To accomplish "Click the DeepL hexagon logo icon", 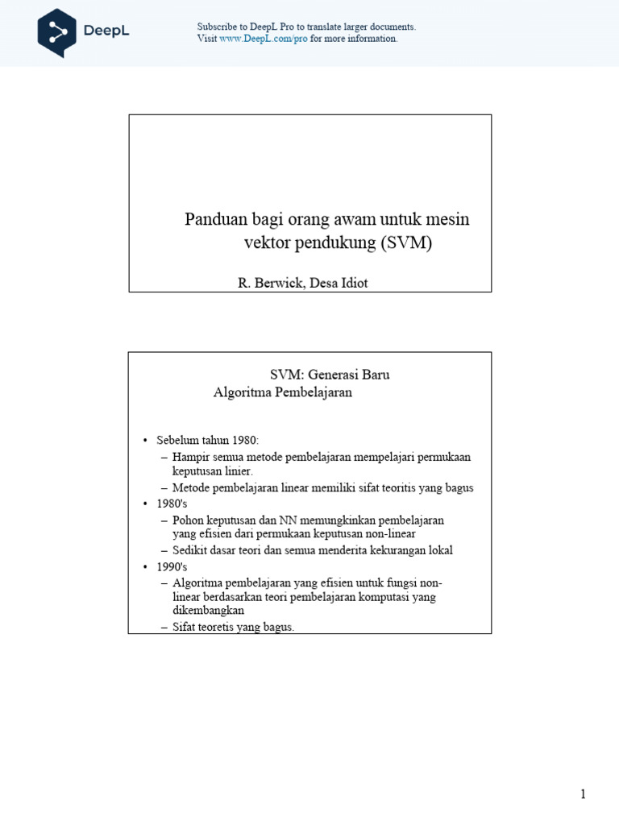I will coord(57,32).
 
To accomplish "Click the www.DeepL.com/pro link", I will coord(264,39).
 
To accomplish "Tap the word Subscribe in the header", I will coord(218,27).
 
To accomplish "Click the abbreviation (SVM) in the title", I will coord(405,243).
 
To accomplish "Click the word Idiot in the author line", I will coord(353,283).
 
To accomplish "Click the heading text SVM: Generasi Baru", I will coord(329,375).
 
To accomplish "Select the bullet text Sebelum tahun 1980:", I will coord(207,441).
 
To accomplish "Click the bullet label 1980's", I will coord(172,504).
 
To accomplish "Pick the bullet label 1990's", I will coord(172,566).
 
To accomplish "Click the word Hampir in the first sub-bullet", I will coord(190,457).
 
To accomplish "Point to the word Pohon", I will coord(188,520).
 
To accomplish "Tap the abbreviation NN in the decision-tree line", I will coord(289,520).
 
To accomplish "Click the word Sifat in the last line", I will coord(185,627).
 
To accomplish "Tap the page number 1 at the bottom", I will coord(583,794).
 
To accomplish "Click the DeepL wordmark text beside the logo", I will coord(106,31).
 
